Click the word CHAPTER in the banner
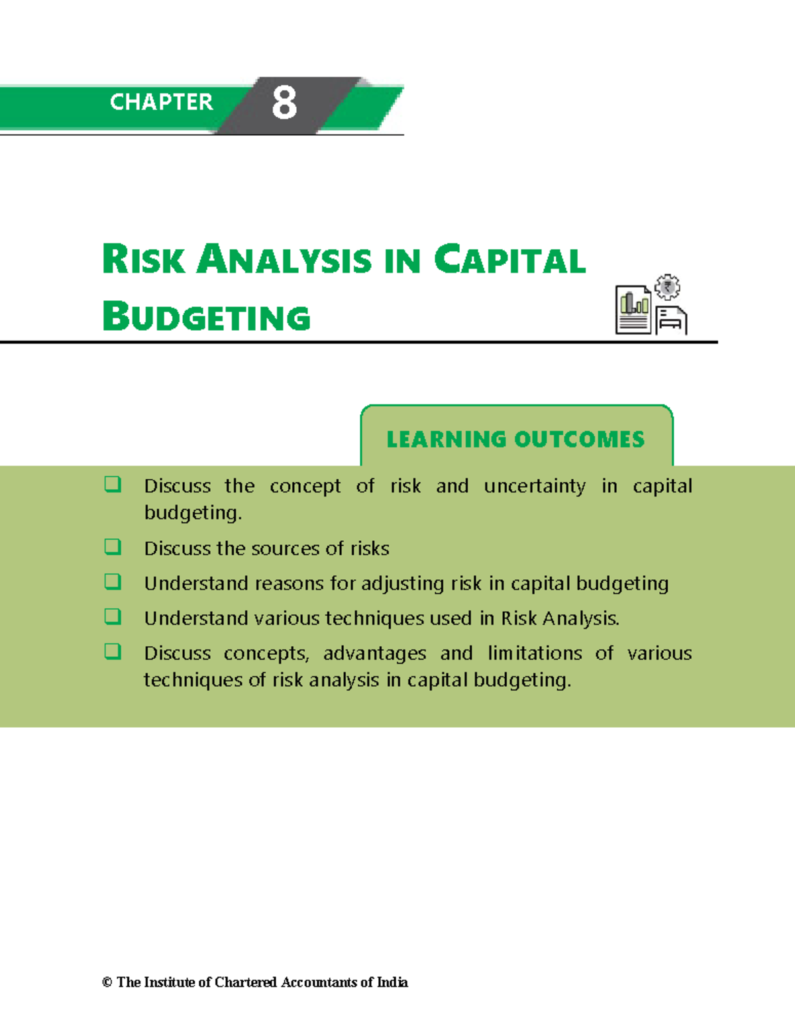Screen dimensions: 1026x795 tap(161, 102)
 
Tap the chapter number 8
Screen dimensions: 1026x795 tap(284, 103)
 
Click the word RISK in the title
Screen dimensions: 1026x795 tap(143, 259)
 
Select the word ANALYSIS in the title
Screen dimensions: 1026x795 tap(284, 259)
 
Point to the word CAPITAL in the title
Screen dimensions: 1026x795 tap(509, 259)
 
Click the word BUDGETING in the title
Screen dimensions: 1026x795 tap(207, 317)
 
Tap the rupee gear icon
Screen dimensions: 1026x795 tap(667, 287)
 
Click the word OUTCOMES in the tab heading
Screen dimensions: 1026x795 tap(580, 439)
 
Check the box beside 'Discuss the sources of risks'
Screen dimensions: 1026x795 tap(113, 547)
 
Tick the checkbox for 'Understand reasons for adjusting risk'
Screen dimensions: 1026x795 tap(113, 582)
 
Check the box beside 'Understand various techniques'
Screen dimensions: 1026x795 tap(113, 617)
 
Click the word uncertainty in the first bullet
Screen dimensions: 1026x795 tap(535, 486)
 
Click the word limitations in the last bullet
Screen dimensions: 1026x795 tap(535, 654)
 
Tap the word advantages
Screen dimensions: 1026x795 tap(374, 654)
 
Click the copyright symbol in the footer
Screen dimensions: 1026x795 tap(107, 982)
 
